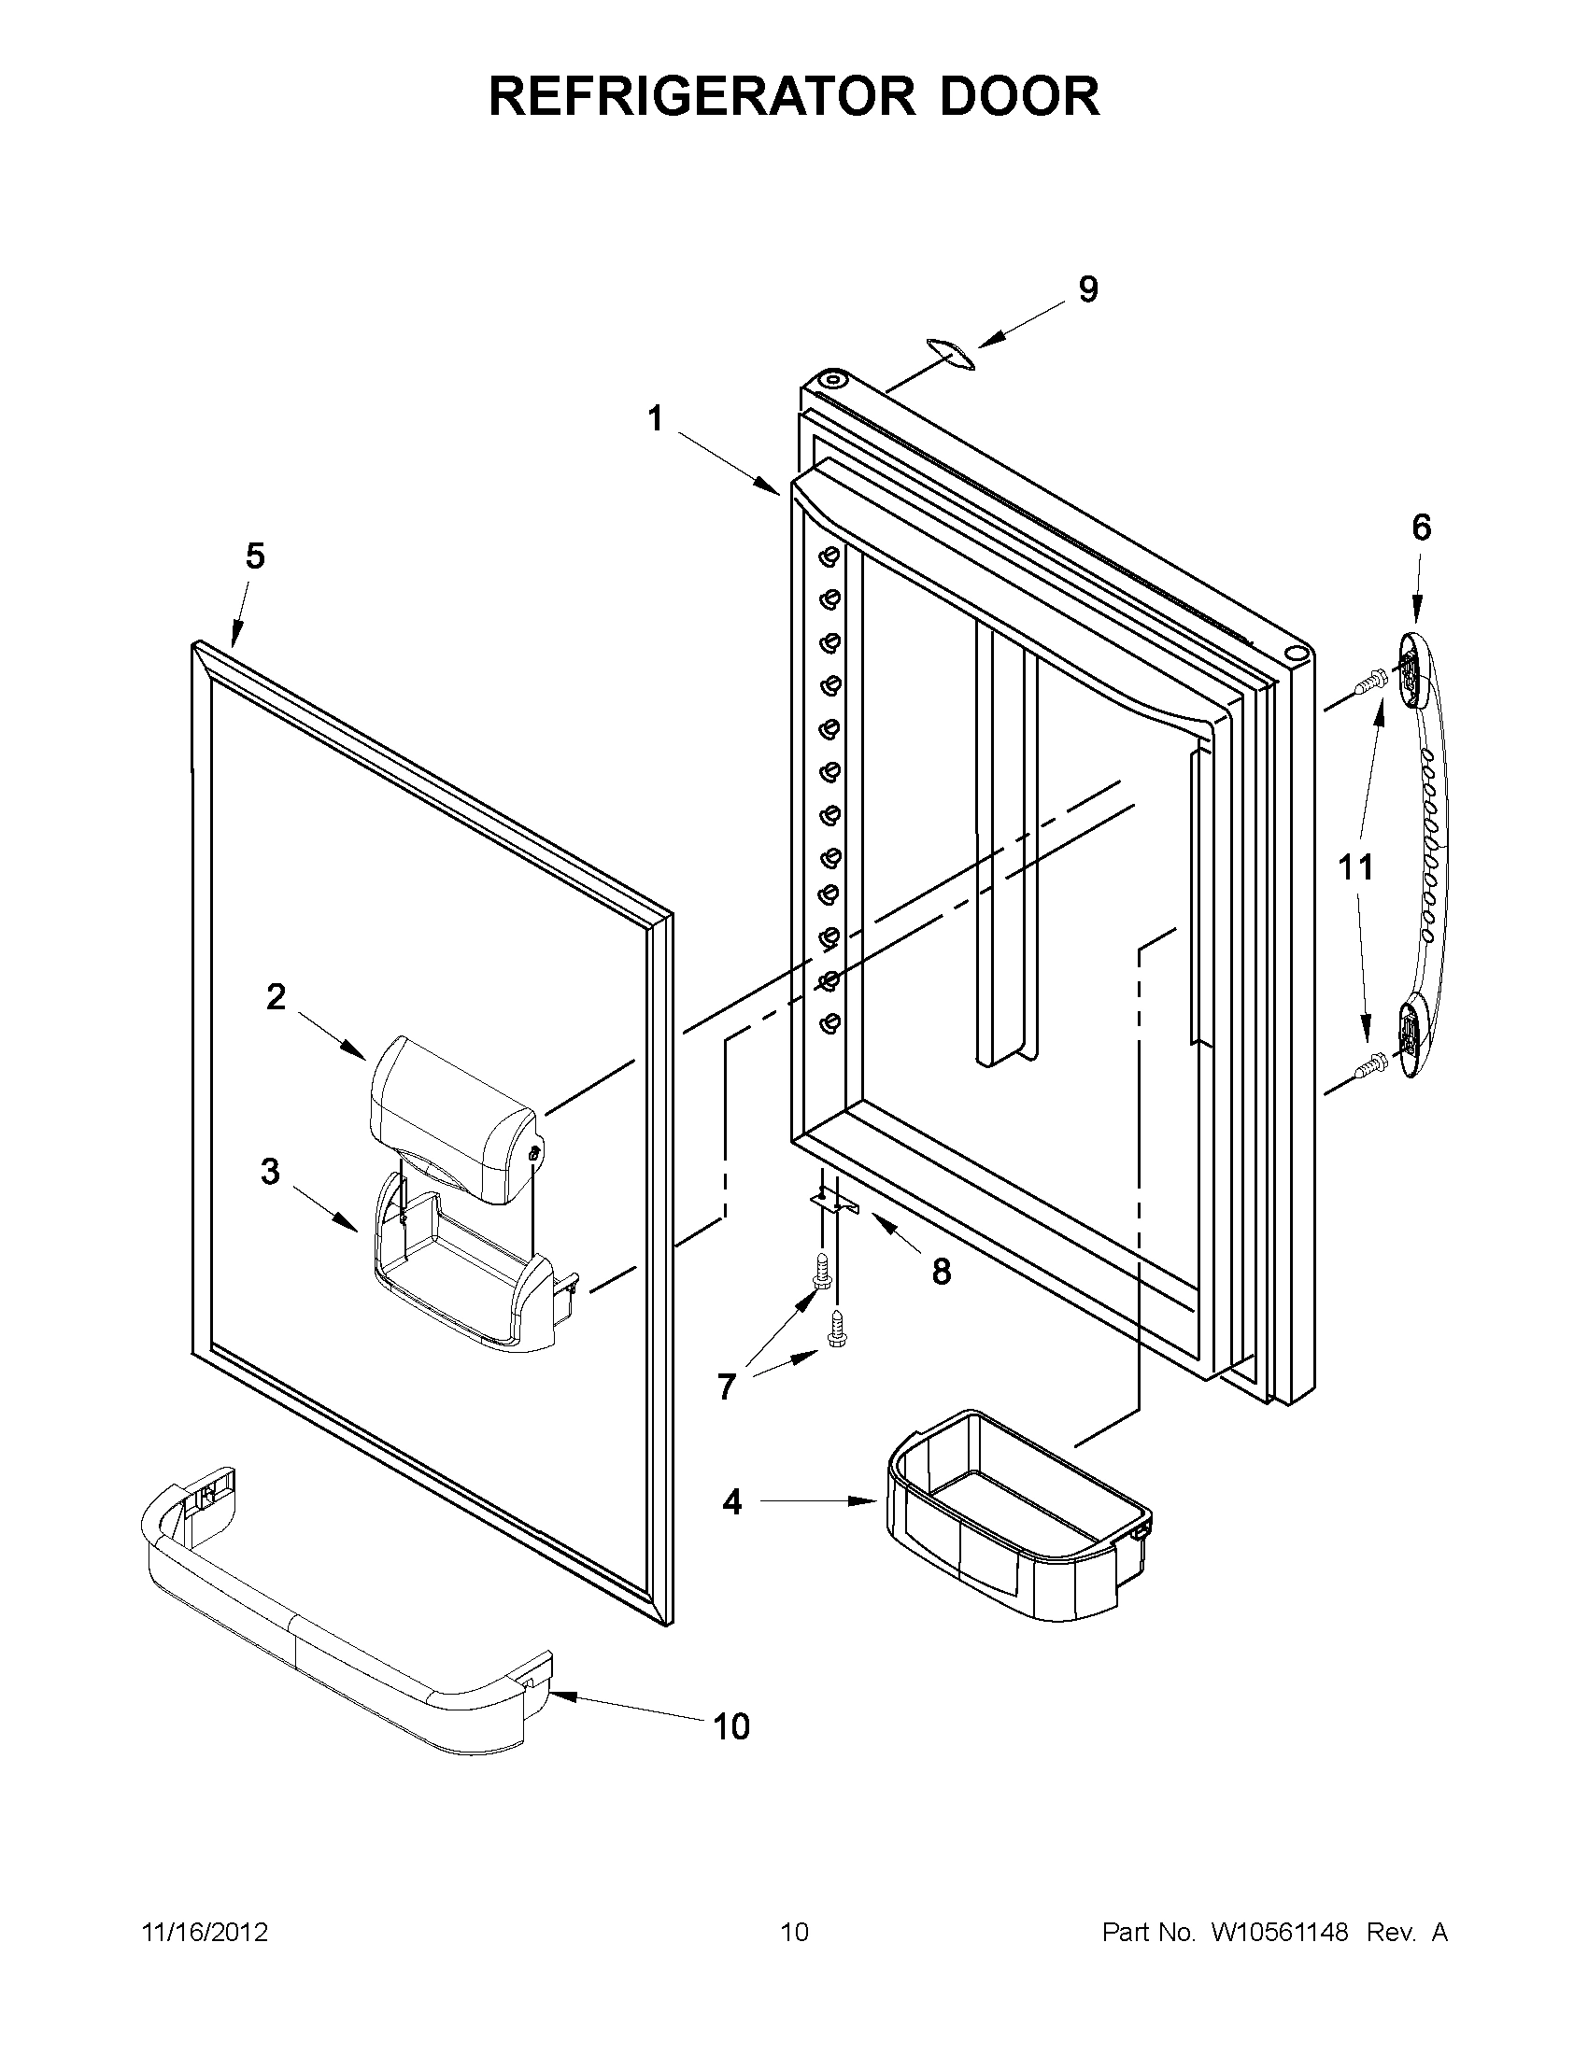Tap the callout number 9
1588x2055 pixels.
pyautogui.click(x=1087, y=289)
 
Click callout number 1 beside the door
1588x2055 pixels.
pyautogui.click(x=655, y=417)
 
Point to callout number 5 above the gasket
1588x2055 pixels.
pyautogui.click(x=255, y=557)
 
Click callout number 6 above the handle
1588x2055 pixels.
pyautogui.click(x=1421, y=528)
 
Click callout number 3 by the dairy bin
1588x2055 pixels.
pyautogui.click(x=270, y=1173)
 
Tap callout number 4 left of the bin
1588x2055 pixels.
pyautogui.click(x=731, y=1502)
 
